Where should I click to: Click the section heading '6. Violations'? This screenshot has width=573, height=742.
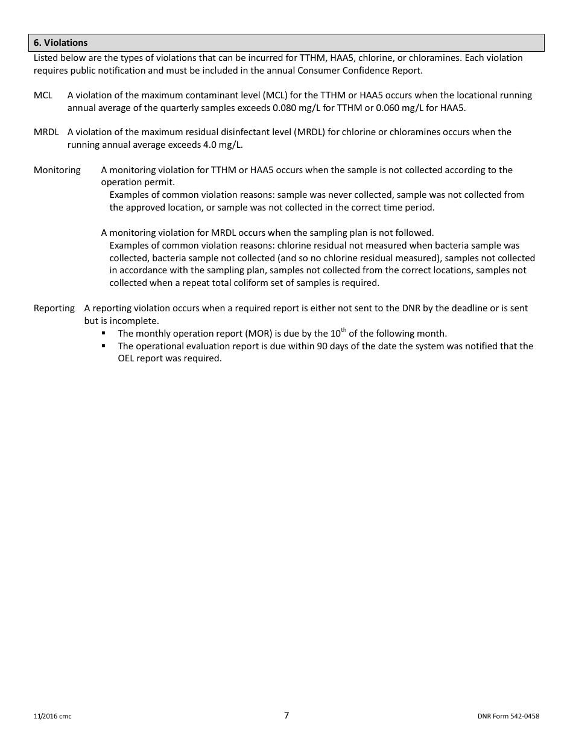pyautogui.click(x=61, y=43)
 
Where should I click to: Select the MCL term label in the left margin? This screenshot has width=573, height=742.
pyautogui.click(x=43, y=95)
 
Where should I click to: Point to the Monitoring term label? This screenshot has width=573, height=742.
pyautogui.click(x=57, y=170)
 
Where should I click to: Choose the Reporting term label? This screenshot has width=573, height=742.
pyautogui.click(x=54, y=308)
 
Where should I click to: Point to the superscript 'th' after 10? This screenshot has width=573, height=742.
pyautogui.click(x=344, y=330)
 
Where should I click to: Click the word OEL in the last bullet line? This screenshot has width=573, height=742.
pyautogui.click(x=127, y=358)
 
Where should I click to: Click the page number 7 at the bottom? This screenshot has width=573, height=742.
pyautogui.click(x=286, y=715)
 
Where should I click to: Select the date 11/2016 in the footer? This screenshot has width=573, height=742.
pyautogui.click(x=45, y=717)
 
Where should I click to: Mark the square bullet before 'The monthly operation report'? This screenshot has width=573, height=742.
pyautogui.click(x=104, y=334)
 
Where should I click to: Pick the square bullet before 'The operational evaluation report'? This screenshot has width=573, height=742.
pyautogui.click(x=104, y=346)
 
